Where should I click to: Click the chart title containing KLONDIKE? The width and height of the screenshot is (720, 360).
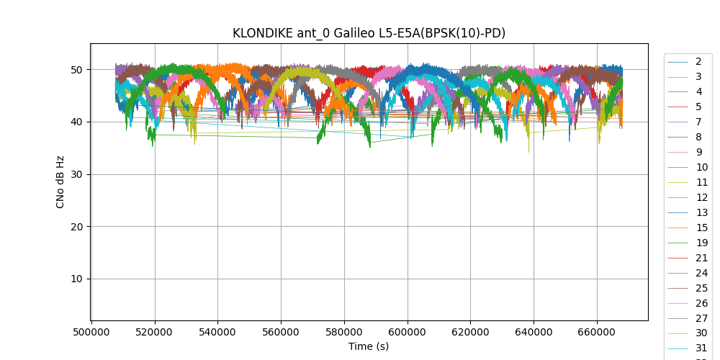coord(369,33)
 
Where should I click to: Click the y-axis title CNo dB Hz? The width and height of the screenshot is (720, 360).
coord(60,182)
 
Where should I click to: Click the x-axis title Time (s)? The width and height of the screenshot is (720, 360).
coord(369,346)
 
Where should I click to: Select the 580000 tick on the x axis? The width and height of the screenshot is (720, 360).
coord(344,333)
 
